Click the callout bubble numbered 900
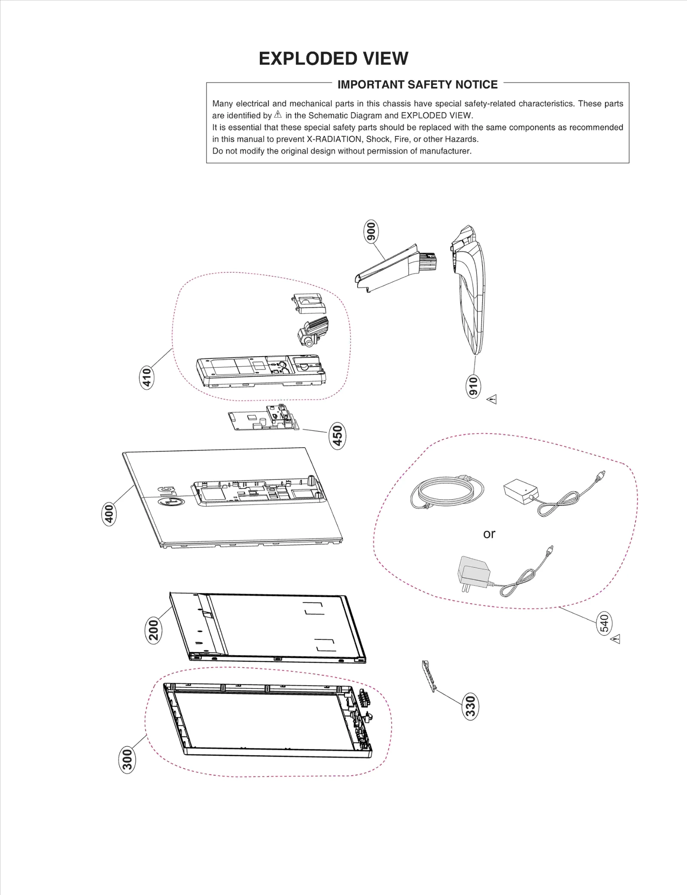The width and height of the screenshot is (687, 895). coord(371,232)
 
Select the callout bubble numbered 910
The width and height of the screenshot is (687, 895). coord(473,386)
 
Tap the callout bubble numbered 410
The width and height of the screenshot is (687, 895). coord(147,377)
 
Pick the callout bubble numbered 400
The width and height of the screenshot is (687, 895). coord(109,514)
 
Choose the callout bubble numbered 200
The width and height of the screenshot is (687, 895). coord(153,630)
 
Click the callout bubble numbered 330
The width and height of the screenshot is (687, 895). coord(471,706)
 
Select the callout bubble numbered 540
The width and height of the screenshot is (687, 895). coord(604,624)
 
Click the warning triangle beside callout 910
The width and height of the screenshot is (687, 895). coord(492,399)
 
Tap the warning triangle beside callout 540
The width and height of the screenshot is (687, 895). coord(616,639)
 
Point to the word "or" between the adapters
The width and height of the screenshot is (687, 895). coord(489,534)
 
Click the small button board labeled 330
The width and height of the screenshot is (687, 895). coord(429,676)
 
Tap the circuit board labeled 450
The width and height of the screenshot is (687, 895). coord(263,418)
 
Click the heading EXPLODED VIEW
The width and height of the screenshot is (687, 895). coord(333,58)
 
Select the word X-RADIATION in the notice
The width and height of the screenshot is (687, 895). coord(334,139)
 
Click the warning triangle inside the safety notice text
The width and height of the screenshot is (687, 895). coord(278,115)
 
